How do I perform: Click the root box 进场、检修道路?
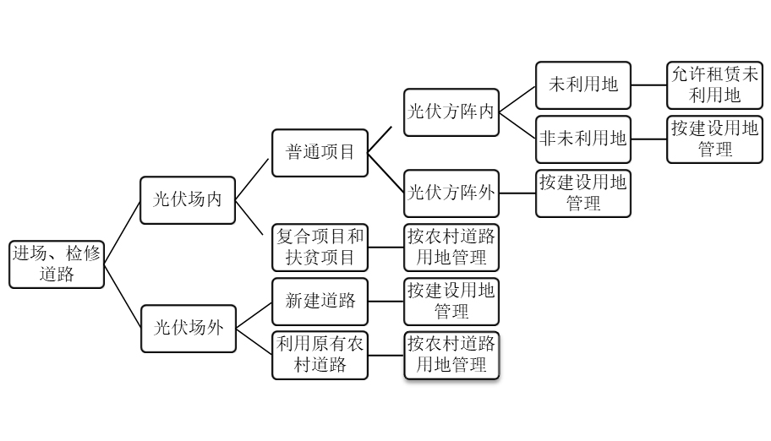pos(57,264)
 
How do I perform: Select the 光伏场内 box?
pos(188,200)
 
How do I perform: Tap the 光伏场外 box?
pos(188,328)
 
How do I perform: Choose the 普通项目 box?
pos(320,152)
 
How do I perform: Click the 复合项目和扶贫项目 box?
pos(320,246)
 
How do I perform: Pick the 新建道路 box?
pos(320,301)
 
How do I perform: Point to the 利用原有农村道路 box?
pos(320,355)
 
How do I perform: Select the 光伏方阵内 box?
pos(451,110)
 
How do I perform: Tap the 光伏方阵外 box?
pos(451,193)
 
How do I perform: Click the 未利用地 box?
pos(583,84)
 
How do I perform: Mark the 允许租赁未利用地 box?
pos(714,84)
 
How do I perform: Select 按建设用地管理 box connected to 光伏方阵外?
pos(583,193)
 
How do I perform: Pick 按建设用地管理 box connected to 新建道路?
pos(451,301)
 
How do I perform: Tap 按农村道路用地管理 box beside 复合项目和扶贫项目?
pos(451,246)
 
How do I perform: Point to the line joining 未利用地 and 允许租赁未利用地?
pos(648,84)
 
